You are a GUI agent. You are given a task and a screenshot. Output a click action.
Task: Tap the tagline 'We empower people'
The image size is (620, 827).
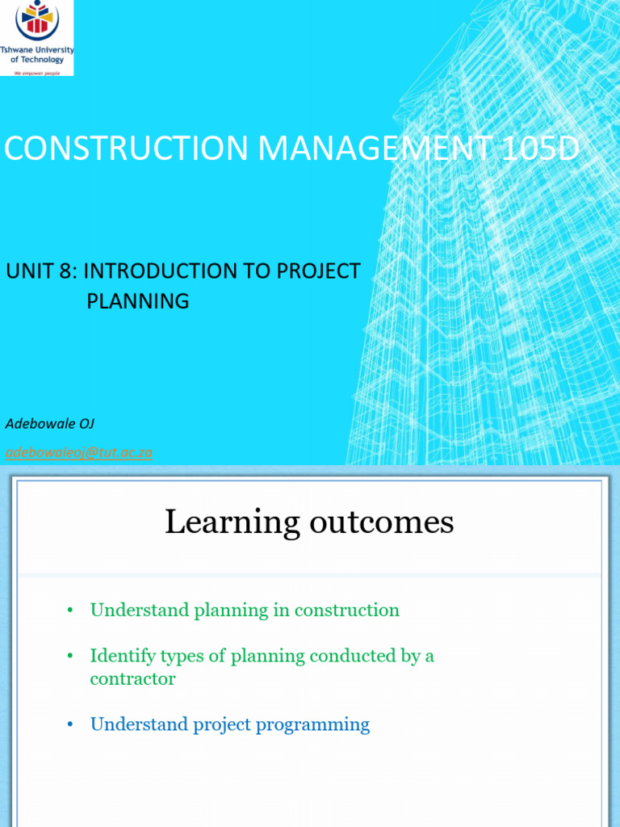pos(36,72)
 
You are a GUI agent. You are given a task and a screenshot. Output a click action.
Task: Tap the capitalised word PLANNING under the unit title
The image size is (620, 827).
pos(138,301)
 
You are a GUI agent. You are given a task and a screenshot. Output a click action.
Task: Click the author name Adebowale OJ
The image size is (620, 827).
pos(50,423)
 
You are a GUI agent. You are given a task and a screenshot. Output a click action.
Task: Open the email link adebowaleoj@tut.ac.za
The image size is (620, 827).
pos(79,452)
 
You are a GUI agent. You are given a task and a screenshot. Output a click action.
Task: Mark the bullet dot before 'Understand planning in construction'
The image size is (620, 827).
pos(71,611)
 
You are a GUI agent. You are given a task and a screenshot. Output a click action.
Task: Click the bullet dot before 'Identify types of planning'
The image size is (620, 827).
pos(71,657)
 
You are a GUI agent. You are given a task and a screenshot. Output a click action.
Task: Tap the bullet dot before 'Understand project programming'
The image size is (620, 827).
pos(71,725)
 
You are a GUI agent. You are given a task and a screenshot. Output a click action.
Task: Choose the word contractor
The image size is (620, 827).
pos(132,678)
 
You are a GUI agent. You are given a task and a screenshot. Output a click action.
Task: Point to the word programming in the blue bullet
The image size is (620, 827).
pos(312,725)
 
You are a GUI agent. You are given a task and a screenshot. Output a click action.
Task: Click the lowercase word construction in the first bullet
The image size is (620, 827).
pos(347,611)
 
